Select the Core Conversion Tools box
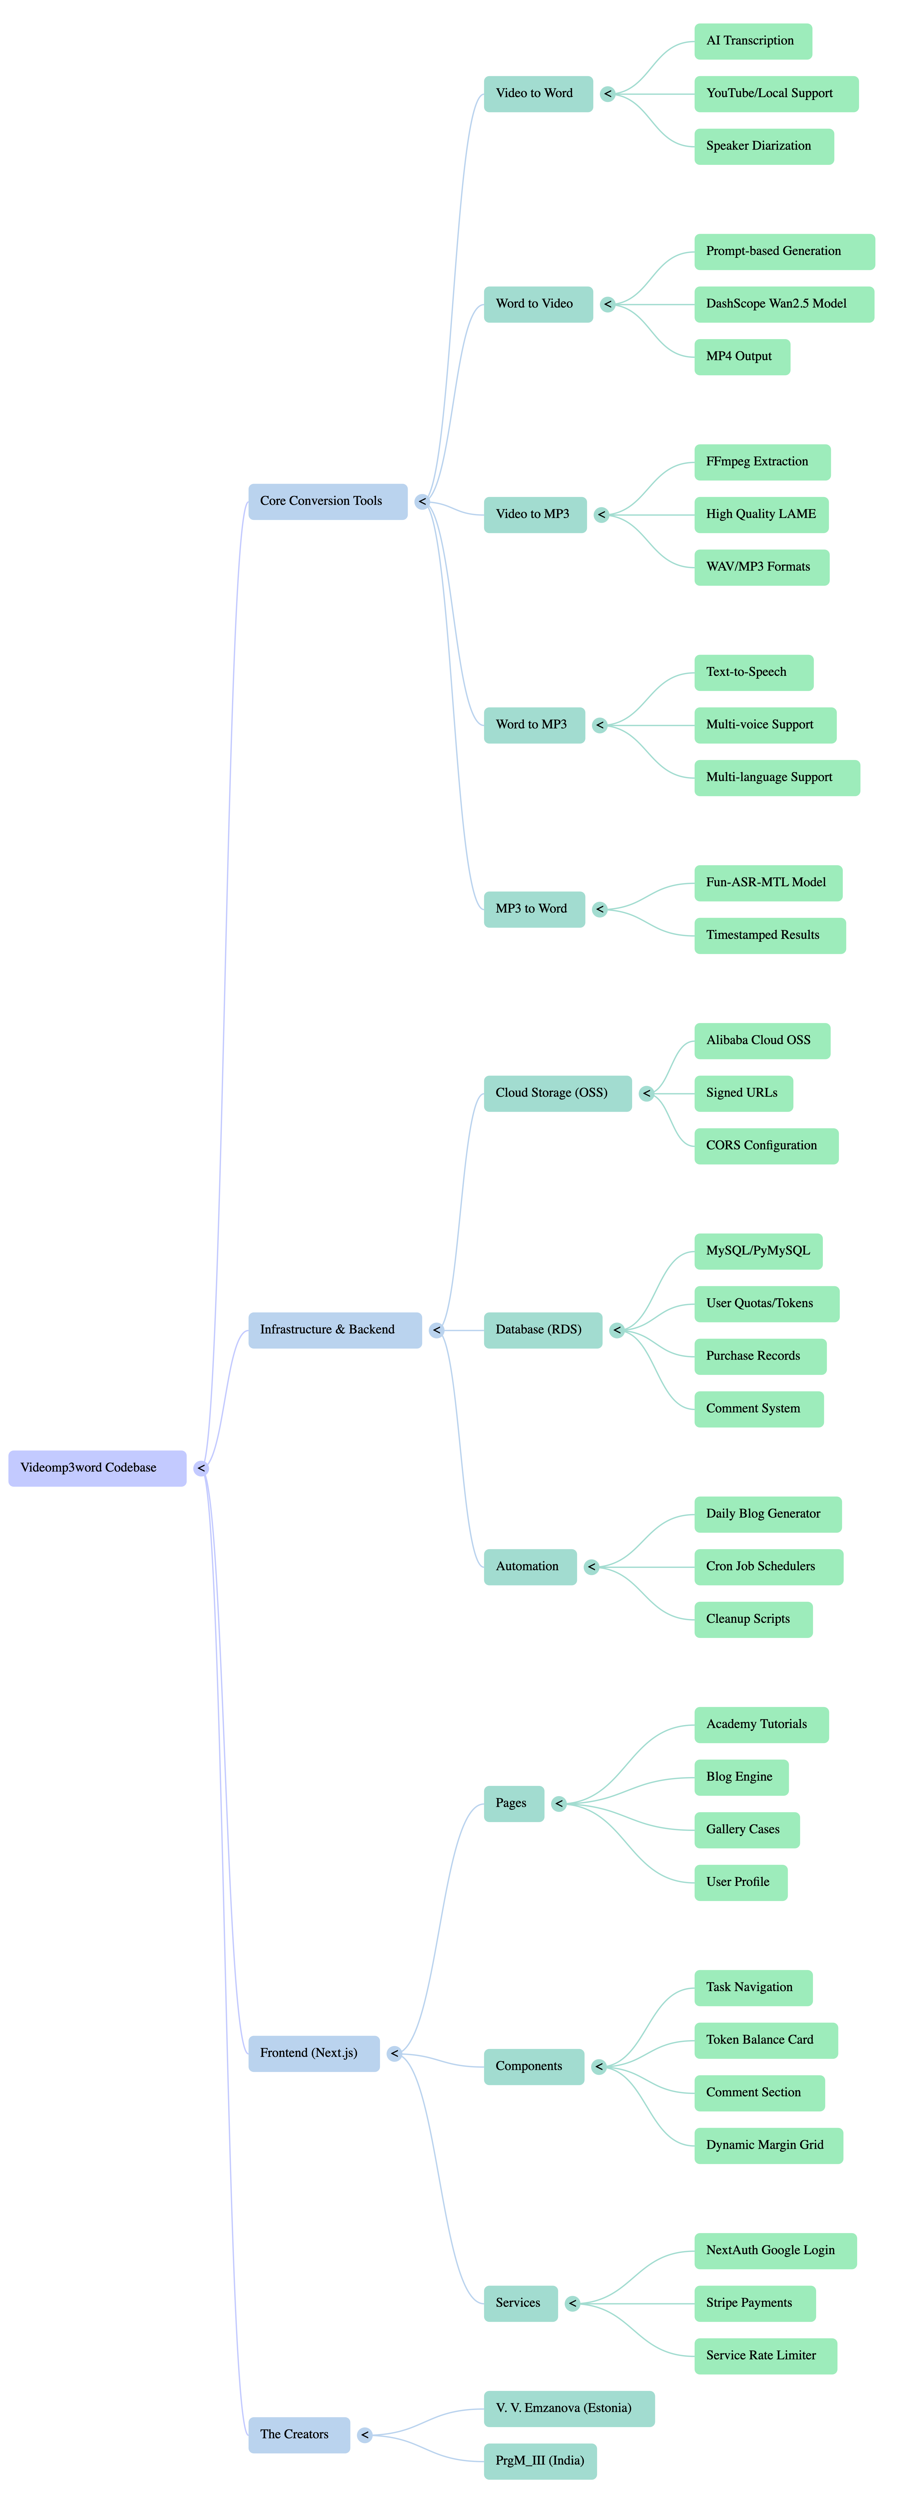pos(327,501)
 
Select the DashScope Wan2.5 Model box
pos(783,304)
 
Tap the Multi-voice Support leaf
pos(764,725)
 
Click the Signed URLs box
pos(743,1093)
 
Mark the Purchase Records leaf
pos(759,1356)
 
